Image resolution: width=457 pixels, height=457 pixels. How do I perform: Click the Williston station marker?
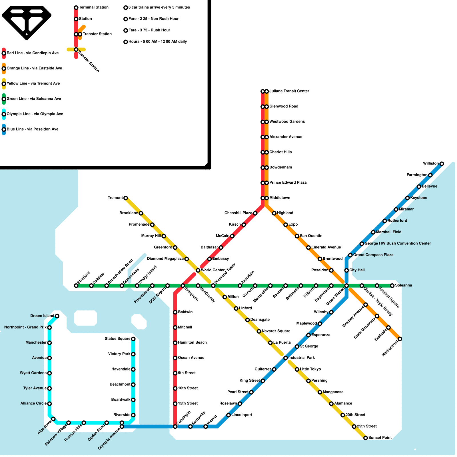(442, 164)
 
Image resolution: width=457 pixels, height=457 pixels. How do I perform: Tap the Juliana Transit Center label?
(289, 91)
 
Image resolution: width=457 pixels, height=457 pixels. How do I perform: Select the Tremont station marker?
(126, 198)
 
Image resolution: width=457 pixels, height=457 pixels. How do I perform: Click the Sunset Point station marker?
(366, 438)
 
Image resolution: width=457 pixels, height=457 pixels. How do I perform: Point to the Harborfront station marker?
(400, 339)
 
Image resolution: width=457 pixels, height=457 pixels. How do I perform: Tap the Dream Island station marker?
(57, 316)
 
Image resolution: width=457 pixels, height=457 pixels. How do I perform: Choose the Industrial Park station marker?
(286, 358)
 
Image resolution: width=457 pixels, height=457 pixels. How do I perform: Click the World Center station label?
(213, 270)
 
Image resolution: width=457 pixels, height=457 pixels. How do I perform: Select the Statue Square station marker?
(133, 339)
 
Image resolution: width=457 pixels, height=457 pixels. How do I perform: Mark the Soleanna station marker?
(392, 286)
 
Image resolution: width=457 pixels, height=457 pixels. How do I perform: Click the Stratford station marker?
(76, 286)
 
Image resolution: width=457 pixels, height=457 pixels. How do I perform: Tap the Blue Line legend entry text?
(33, 129)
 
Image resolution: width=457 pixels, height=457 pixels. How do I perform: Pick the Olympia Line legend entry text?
(35, 114)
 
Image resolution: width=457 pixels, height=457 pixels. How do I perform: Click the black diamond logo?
(27, 21)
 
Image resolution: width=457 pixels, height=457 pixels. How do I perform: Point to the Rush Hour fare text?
(149, 30)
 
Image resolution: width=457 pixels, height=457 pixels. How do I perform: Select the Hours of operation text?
(158, 42)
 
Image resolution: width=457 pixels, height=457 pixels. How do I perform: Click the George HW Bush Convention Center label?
(398, 244)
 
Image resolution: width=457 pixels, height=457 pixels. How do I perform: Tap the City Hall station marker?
(346, 270)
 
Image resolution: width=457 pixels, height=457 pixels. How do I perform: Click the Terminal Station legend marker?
(76, 7)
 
